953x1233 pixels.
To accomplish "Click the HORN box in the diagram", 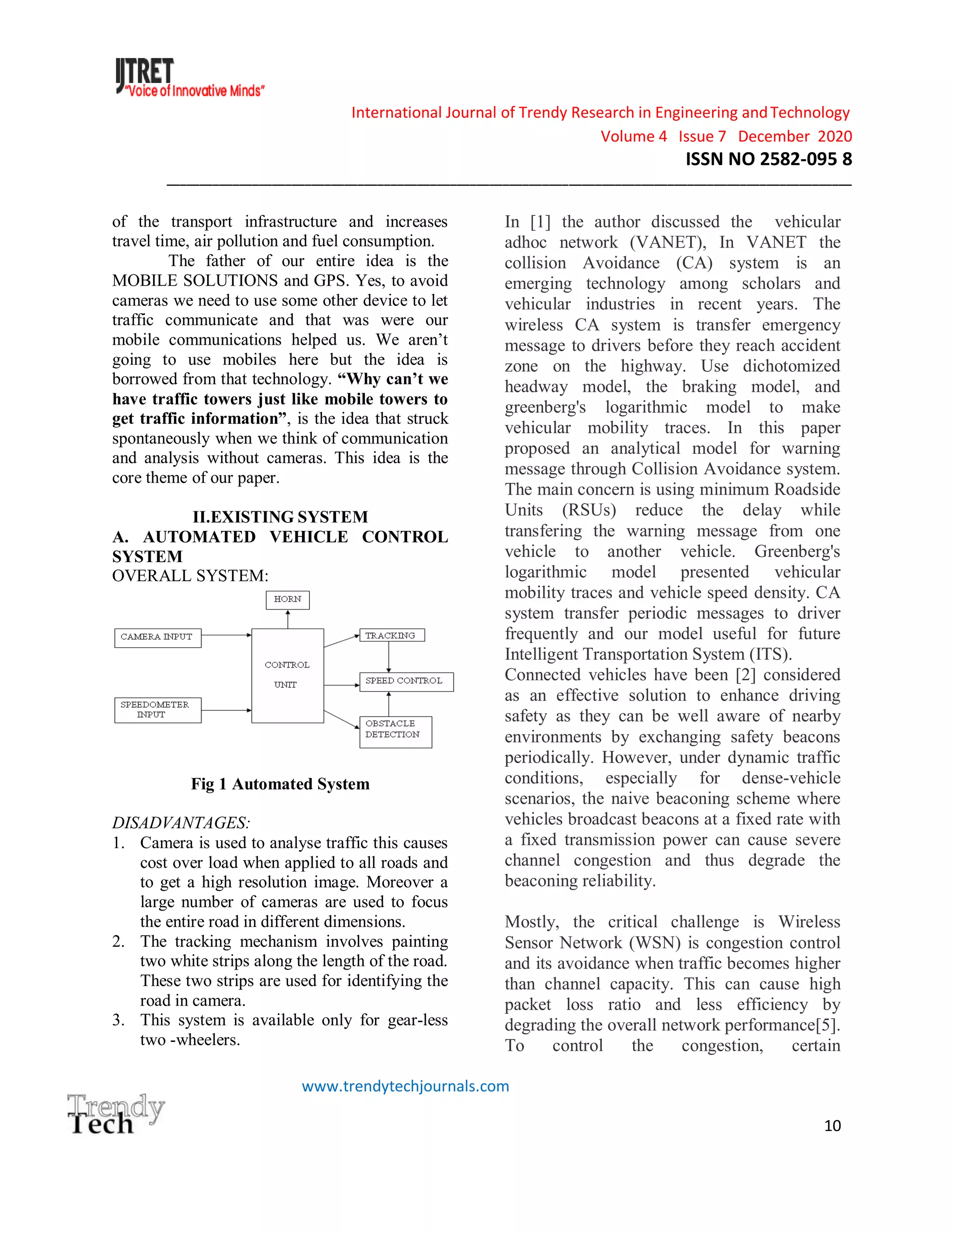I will coord(288,600).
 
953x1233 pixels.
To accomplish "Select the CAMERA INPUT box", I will coord(158,637).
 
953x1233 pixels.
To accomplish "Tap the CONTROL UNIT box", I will coord(288,675).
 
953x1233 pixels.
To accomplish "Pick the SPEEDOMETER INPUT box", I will coord(158,710).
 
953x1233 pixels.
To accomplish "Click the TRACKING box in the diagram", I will coord(392,635).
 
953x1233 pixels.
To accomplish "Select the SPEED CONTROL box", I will coord(406,682).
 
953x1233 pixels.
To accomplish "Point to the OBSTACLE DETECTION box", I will coord(395,732).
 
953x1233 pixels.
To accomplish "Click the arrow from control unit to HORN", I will coord(288,619).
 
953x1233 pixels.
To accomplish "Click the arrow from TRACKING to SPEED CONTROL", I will coord(389,657).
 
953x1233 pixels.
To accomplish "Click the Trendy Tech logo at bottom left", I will coord(116,1114).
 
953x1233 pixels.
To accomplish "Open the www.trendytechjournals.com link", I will coord(405,1086).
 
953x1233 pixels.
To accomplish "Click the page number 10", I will coord(832,1126).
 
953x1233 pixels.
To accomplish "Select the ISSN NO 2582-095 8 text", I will coord(768,159).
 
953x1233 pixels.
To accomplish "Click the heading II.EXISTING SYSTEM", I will coord(280,516).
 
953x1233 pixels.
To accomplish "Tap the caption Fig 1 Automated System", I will coord(280,784).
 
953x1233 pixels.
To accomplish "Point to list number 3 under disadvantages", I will coord(118,1020).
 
